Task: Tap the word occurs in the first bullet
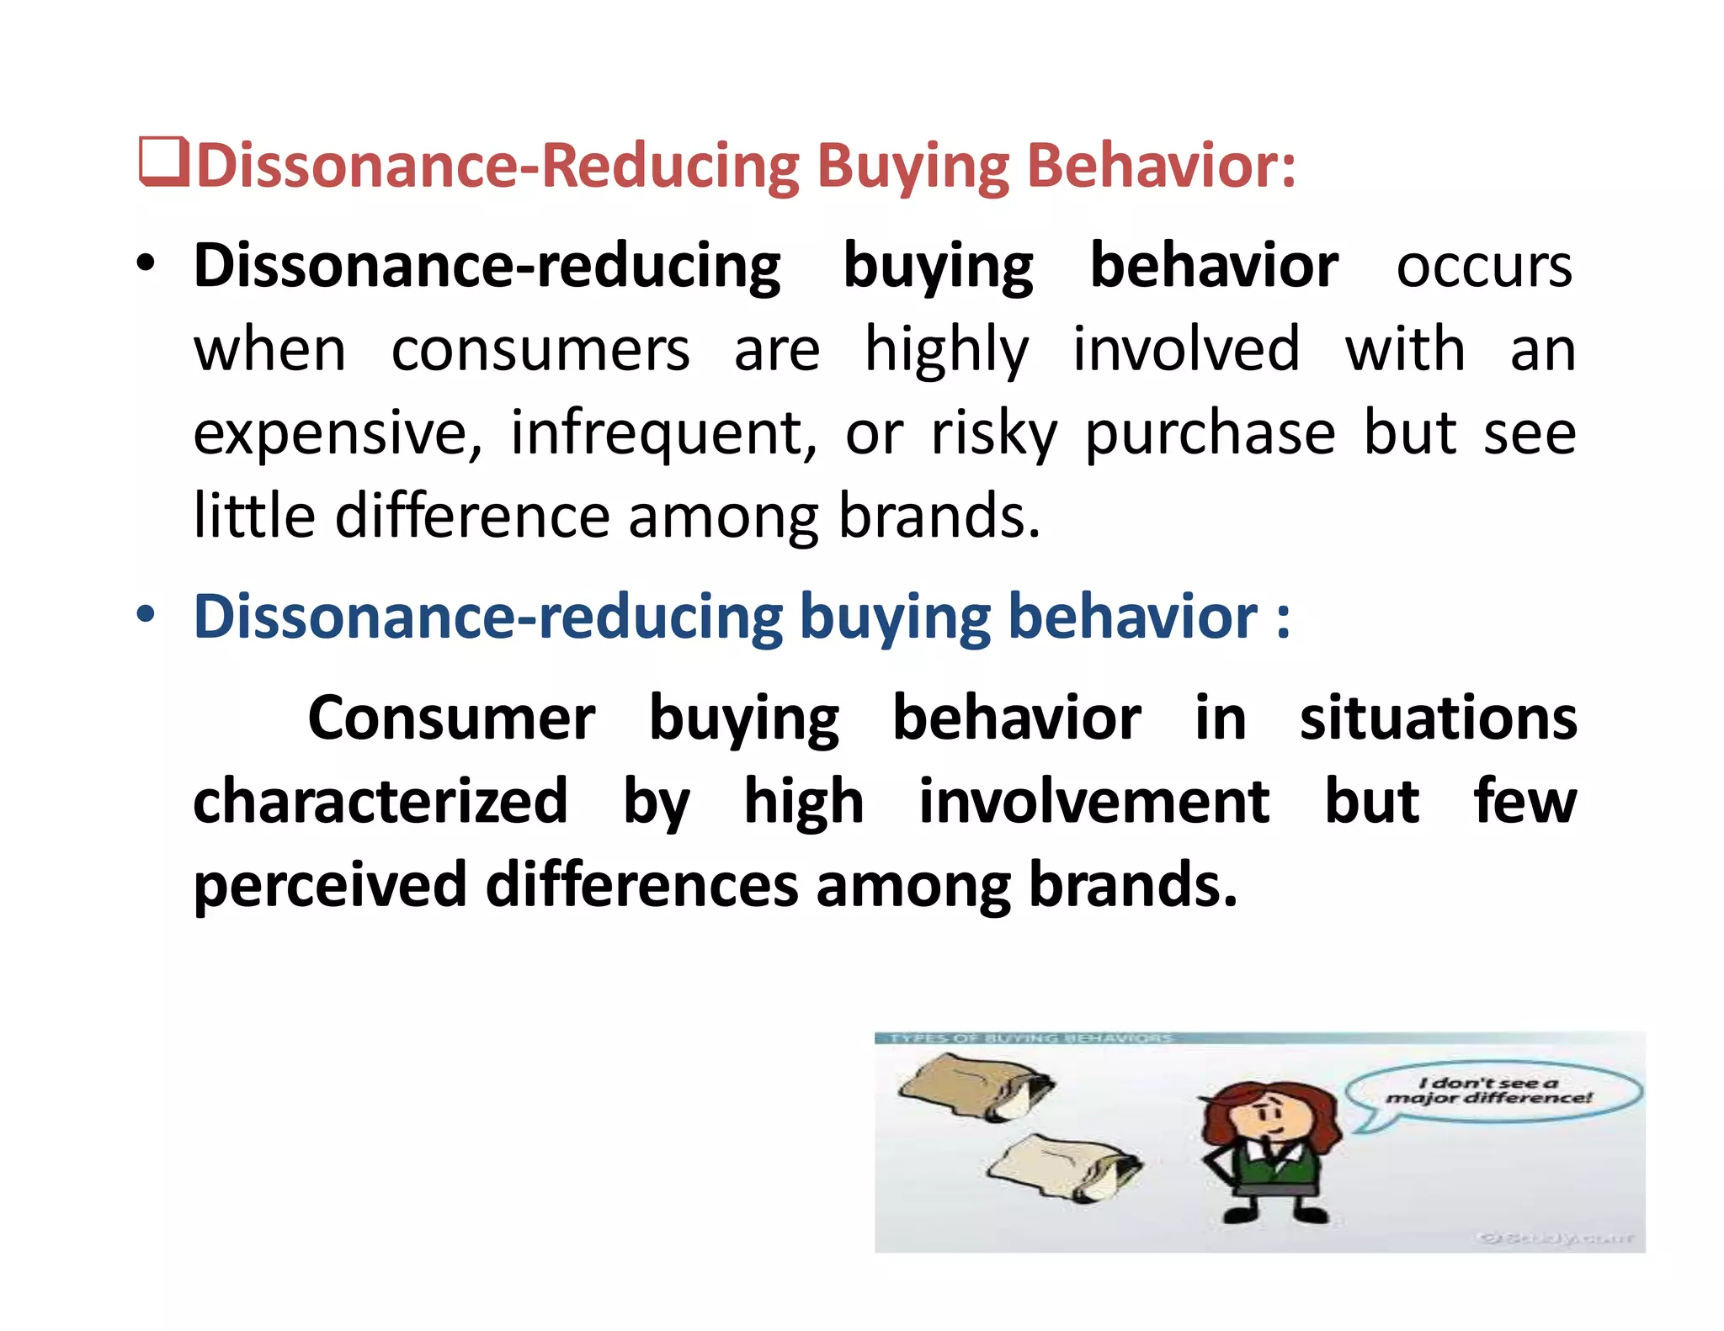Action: coord(1483,267)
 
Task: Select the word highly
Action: coord(946,351)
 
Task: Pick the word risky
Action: coord(993,434)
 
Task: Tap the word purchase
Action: coord(1210,434)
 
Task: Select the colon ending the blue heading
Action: coord(1282,618)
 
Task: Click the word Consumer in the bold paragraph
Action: coord(451,719)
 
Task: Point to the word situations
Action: coord(1438,719)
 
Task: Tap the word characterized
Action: coord(380,801)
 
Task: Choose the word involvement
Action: coord(1093,801)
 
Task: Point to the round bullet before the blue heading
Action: coord(146,615)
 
